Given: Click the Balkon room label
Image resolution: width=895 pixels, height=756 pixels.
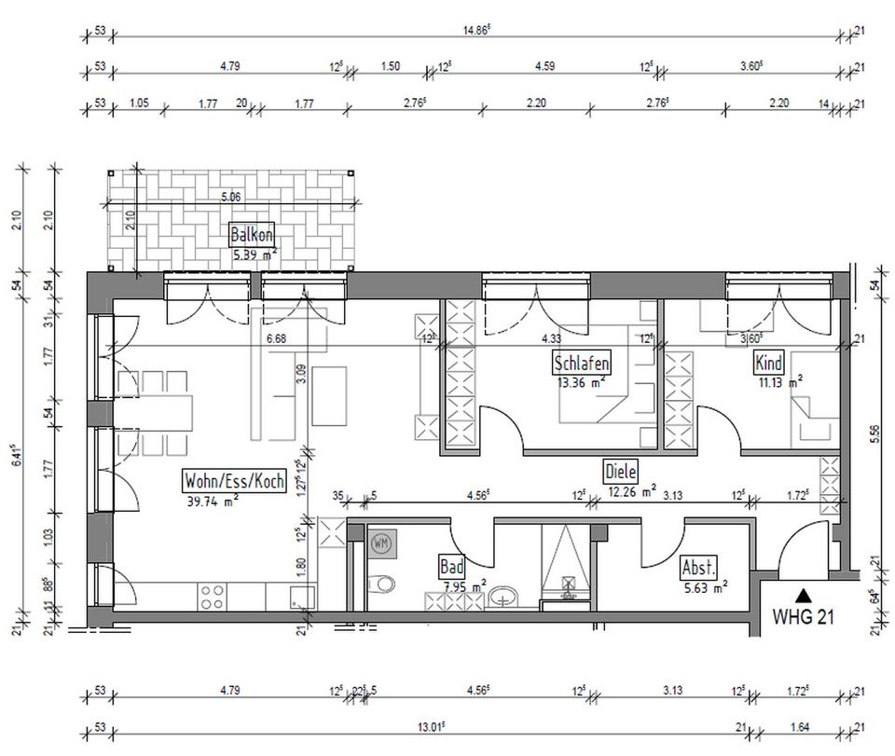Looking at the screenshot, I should click(252, 235).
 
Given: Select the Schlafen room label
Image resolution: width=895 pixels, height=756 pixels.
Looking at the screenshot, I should click(582, 364).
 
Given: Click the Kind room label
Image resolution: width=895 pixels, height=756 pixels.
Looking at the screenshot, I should click(769, 364).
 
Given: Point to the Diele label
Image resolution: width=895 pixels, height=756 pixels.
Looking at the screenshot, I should click(621, 472).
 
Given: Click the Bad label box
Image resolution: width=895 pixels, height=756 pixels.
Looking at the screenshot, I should click(451, 567).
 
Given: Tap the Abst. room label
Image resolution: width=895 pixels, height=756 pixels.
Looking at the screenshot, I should click(699, 568).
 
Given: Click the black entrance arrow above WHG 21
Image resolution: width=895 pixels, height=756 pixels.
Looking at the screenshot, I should click(804, 593).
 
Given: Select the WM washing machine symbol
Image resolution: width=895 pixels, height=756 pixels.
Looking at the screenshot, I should click(380, 542).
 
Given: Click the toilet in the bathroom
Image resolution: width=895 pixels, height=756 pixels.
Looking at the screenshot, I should click(381, 584).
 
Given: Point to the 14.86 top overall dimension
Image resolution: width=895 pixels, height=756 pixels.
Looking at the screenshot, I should click(476, 30).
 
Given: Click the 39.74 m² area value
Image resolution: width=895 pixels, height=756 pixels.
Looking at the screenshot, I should click(213, 501).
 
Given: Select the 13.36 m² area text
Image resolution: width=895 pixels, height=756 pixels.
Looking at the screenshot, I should click(580, 380).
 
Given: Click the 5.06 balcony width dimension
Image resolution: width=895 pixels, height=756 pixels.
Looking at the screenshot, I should click(230, 197).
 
